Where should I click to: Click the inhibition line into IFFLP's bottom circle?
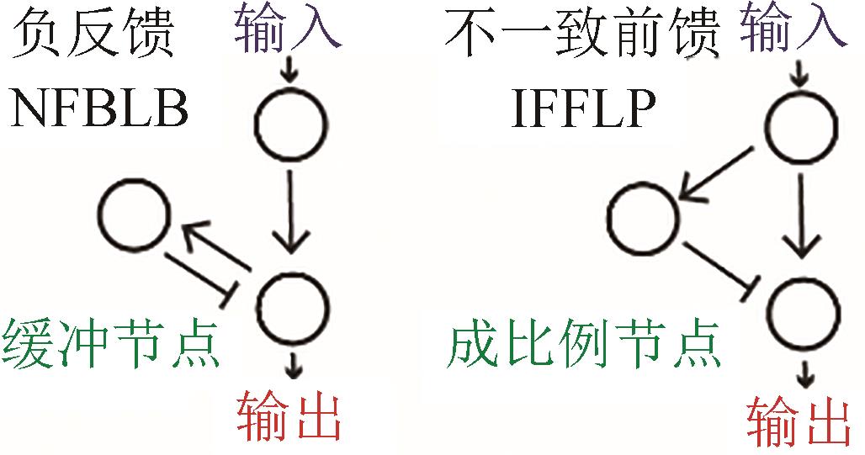(717, 268)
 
